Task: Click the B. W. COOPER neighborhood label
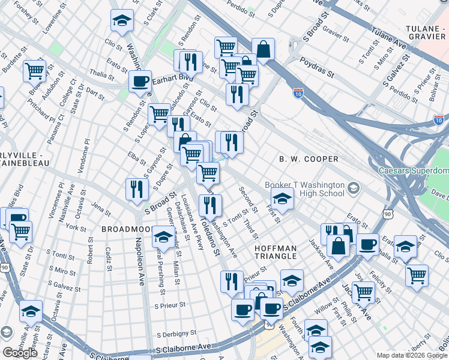pyautogui.click(x=309, y=159)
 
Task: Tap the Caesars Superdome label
pyautogui.click(x=413, y=171)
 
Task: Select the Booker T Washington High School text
pyautogui.click(x=305, y=190)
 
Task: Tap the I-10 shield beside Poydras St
pyautogui.click(x=298, y=93)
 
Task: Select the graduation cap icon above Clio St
pyautogui.click(x=122, y=20)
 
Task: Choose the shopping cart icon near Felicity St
pyautogui.click(x=417, y=274)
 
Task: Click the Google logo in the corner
pyautogui.click(x=20, y=353)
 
